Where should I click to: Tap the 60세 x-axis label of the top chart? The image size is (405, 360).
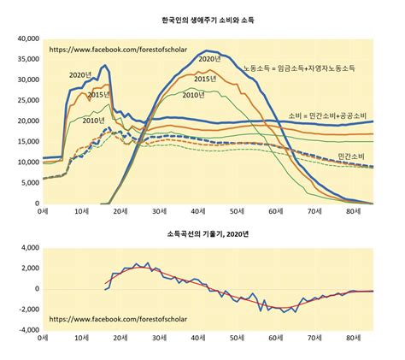pos(275,212)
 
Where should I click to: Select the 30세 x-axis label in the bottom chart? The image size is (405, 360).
pos(159,339)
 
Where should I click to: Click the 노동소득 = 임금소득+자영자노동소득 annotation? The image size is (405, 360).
pos(298,67)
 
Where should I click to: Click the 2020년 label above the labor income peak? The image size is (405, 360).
pos(208,58)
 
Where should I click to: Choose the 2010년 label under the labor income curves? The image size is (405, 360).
pos(193,94)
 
